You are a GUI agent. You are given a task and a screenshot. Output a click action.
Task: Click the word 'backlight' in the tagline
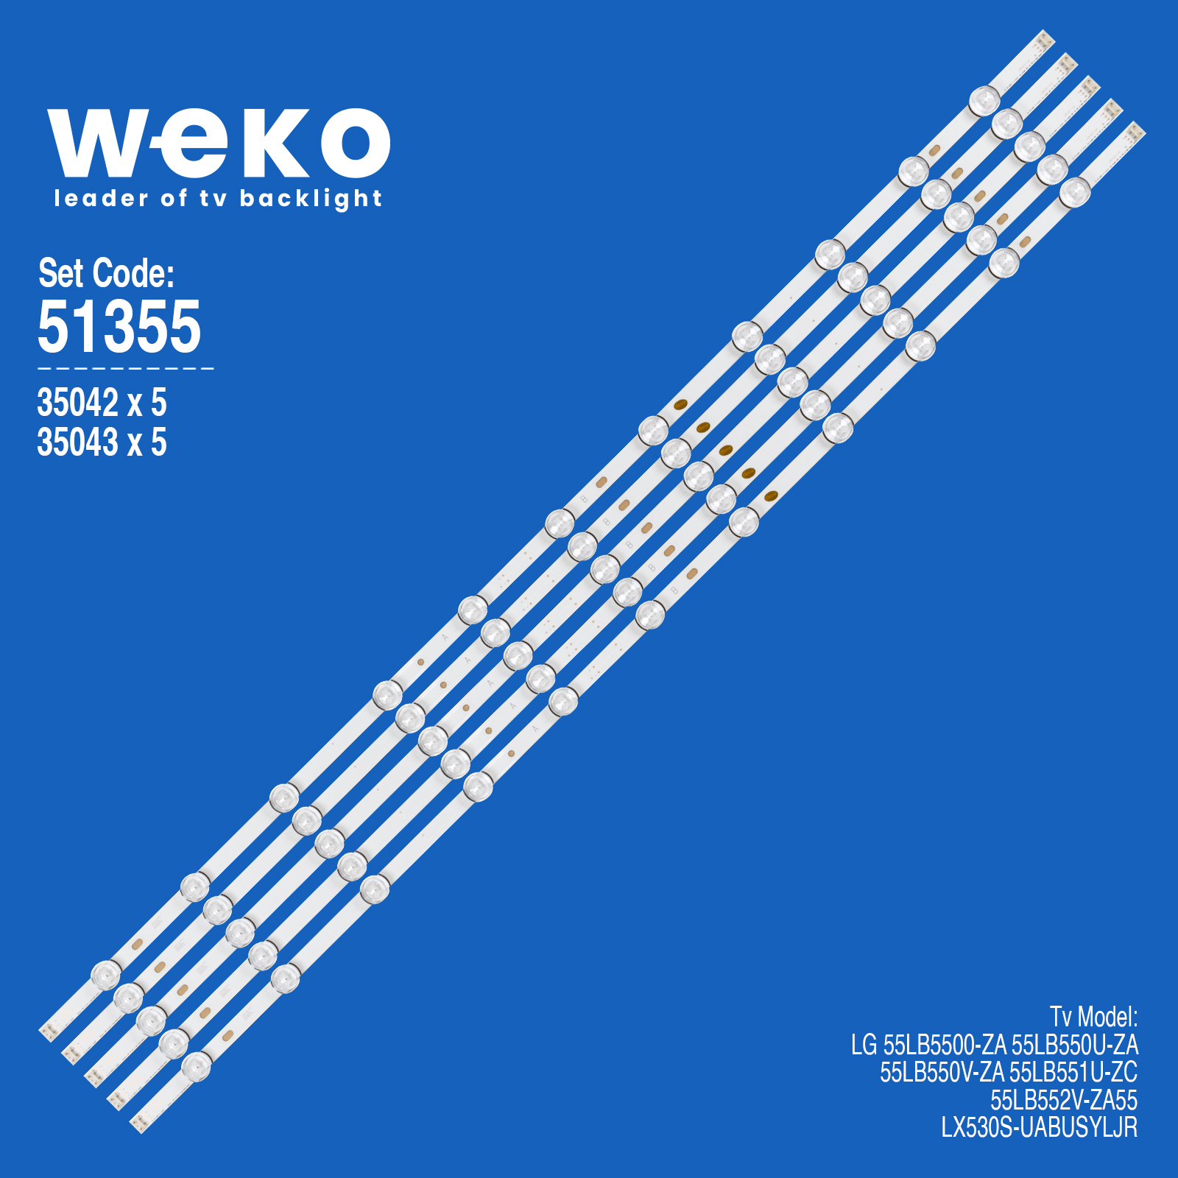pos(311,199)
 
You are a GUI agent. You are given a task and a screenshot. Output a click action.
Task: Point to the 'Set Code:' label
pos(106,273)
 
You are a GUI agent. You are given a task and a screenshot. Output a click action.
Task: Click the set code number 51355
pos(119,325)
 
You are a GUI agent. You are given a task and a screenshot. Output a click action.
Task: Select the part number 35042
pos(77,403)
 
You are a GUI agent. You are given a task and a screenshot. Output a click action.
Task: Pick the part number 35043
pos(77,442)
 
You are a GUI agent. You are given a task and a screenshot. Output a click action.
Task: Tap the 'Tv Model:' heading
pos(1093,1017)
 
